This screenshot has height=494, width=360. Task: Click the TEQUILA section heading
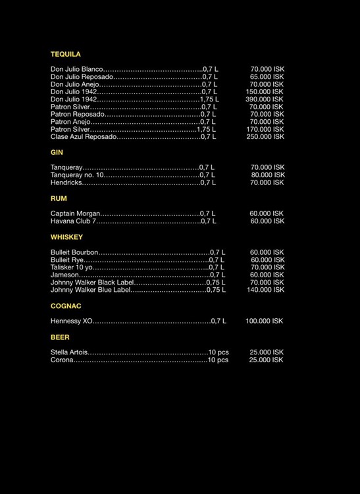pos(66,54)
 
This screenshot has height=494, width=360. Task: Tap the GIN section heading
pos(57,152)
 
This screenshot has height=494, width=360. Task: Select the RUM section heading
pos(59,198)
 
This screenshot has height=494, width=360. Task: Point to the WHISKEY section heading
pos(66,236)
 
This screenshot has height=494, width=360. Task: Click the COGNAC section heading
pos(66,306)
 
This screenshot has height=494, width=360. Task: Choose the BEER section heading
pos(60,337)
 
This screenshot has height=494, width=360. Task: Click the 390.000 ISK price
pos(265,99)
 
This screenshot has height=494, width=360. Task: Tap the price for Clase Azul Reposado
pos(265,136)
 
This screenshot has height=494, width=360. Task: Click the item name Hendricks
pos(66,182)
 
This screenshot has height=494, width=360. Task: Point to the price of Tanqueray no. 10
pos(267,175)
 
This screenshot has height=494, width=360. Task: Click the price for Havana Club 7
pos(267,221)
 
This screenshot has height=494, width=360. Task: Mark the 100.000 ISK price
pos(264,321)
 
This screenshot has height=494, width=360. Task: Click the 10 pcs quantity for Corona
pos(218,360)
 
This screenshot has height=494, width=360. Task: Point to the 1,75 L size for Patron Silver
pos(206,129)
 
